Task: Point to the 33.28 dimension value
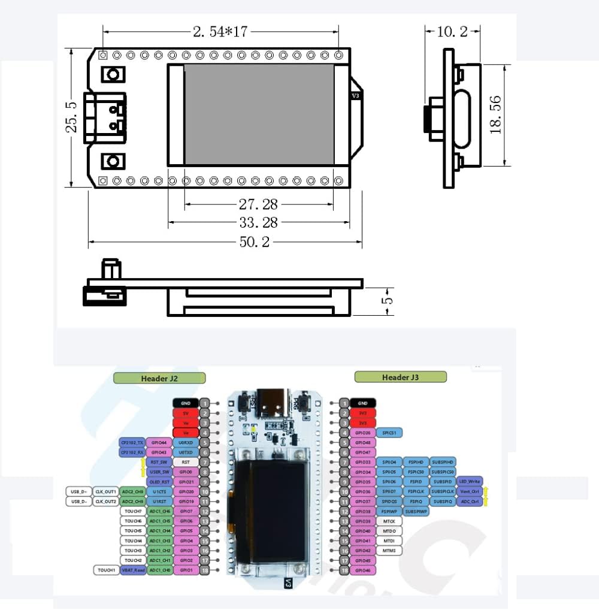(258, 223)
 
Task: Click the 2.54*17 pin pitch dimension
(220, 32)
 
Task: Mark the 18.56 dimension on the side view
(495, 114)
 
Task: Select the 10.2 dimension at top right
(452, 31)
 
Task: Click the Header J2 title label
(159, 378)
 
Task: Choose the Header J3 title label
(400, 377)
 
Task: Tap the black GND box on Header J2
(186, 403)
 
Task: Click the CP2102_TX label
(131, 442)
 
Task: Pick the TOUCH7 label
(132, 511)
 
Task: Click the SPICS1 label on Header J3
(389, 433)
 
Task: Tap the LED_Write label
(470, 482)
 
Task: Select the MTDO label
(389, 531)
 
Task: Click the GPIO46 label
(362, 570)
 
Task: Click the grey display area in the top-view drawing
(258, 114)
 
